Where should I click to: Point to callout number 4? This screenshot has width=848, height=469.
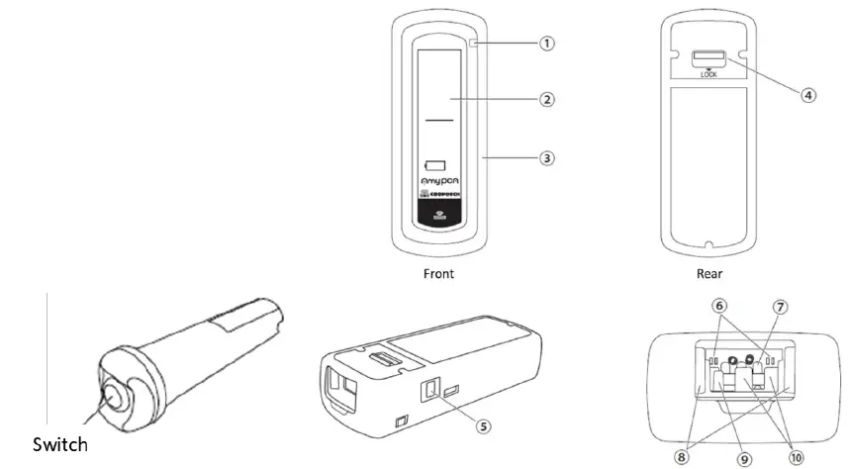pyautogui.click(x=808, y=96)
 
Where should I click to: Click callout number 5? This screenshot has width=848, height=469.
pyautogui.click(x=483, y=426)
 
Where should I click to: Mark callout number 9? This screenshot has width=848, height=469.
pyautogui.click(x=744, y=458)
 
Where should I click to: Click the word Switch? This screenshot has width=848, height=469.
pyautogui.click(x=60, y=445)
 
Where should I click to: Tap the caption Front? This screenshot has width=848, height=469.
pyautogui.click(x=437, y=273)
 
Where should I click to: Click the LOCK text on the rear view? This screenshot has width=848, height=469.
pyautogui.click(x=708, y=74)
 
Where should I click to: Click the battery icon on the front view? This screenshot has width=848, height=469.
pyautogui.click(x=436, y=164)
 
